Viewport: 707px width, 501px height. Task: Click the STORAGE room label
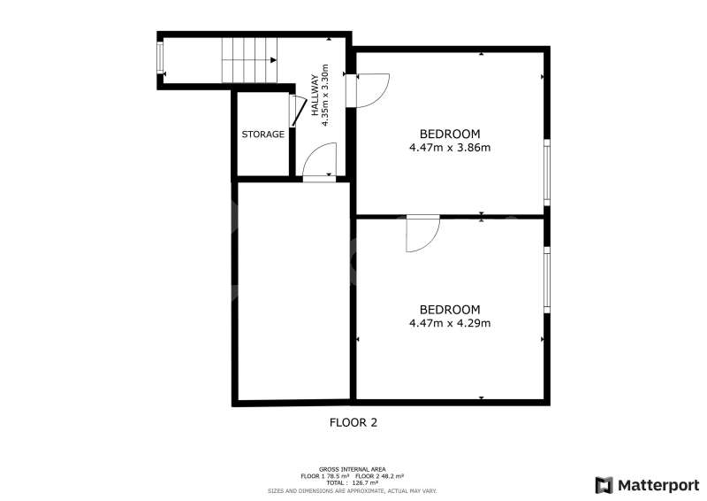coord(262,135)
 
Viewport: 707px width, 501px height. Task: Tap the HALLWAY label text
coord(315,95)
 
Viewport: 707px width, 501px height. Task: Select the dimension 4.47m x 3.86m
coord(450,147)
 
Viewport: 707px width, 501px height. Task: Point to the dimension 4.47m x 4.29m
coord(450,323)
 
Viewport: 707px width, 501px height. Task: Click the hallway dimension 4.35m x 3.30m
coord(324,95)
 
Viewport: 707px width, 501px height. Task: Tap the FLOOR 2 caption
coord(353,422)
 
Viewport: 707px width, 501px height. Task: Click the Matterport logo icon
coord(604,485)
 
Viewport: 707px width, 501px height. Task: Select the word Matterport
coord(658,486)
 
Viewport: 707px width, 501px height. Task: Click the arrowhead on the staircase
coord(273,60)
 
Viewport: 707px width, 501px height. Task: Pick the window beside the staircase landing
coord(160,57)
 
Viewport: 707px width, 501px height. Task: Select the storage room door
coord(296,112)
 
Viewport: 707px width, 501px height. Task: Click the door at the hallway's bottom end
coord(319,162)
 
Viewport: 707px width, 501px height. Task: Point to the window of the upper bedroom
coord(547,172)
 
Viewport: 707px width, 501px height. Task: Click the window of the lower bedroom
coord(547,280)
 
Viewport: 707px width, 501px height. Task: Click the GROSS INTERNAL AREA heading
coord(352,469)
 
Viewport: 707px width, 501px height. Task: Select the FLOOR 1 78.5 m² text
coord(325,476)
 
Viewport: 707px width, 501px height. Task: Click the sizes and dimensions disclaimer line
coord(352,490)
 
